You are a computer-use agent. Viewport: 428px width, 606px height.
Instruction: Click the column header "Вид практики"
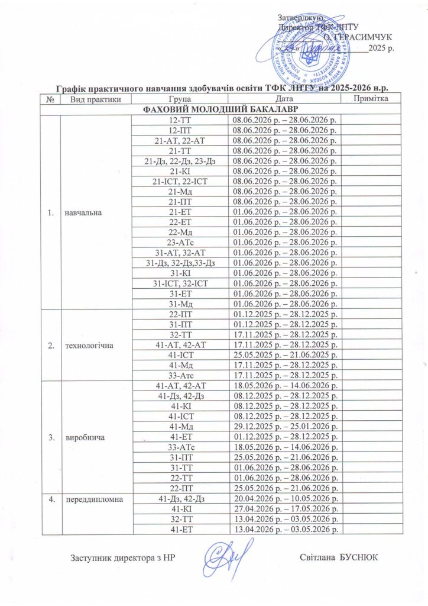91,99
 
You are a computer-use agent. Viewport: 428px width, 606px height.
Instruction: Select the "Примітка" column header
371,99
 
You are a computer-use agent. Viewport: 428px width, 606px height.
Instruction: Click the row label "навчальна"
82,211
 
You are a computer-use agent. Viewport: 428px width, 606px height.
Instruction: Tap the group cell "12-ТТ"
180,120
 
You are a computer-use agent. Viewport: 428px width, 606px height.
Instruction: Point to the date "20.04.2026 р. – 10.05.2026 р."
284,499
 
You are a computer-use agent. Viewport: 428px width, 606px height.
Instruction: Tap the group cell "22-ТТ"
180,478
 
